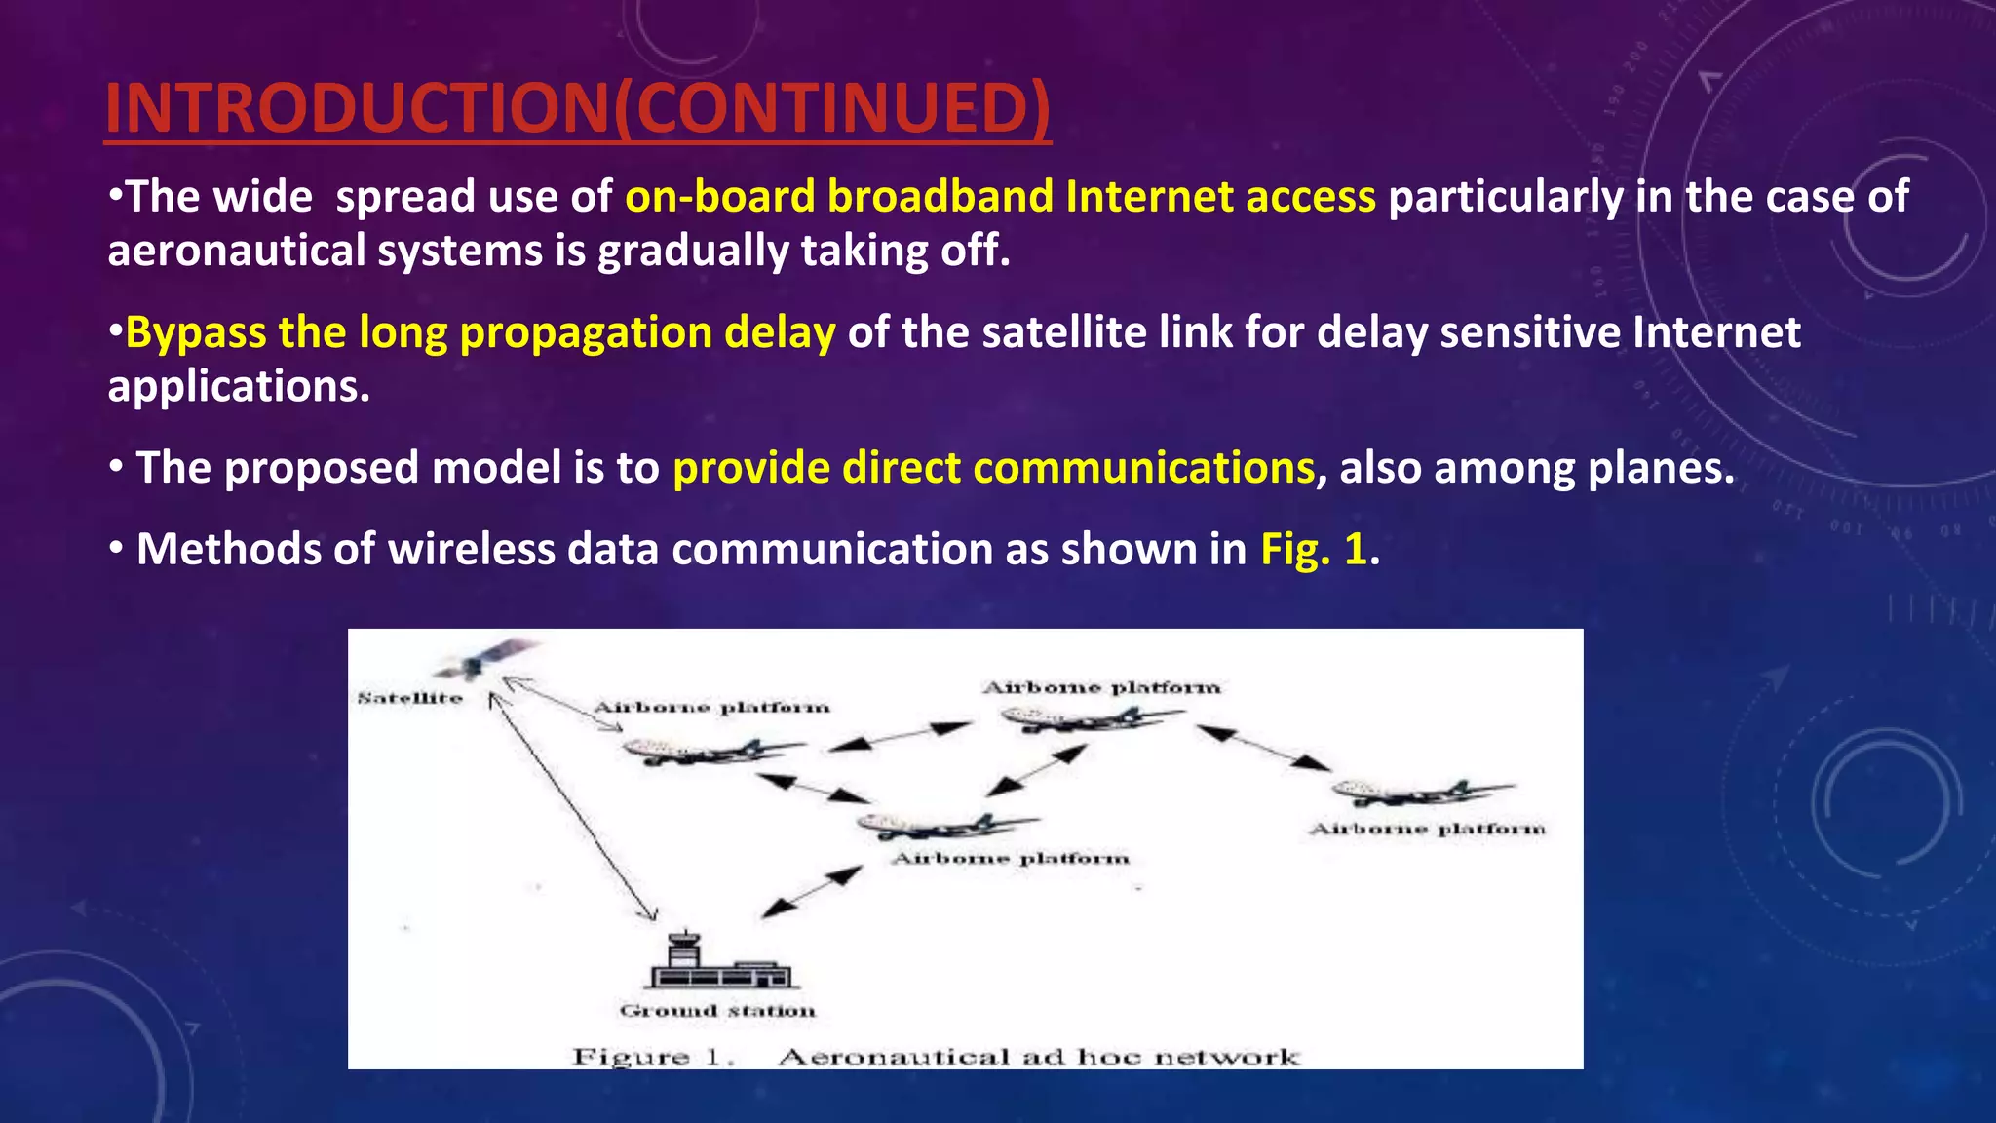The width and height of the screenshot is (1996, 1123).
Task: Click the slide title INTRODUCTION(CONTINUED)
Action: click(577, 107)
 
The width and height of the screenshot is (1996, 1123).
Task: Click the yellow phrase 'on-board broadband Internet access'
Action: click(1000, 197)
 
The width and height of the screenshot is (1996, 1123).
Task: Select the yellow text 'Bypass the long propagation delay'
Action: click(480, 333)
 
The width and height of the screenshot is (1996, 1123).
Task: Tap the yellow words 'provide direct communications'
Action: click(993, 469)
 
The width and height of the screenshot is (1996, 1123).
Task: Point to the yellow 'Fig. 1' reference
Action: click(1313, 550)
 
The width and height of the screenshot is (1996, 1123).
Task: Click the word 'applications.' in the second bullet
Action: click(239, 387)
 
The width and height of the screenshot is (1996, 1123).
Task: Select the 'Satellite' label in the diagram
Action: click(409, 698)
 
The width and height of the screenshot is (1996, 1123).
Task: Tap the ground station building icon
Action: click(719, 963)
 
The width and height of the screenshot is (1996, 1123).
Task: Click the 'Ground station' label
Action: click(717, 1011)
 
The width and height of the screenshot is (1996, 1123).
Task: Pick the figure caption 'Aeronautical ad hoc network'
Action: click(1038, 1057)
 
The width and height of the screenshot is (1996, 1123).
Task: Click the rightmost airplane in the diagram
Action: click(1421, 792)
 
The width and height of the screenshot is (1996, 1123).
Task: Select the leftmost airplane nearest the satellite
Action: click(711, 752)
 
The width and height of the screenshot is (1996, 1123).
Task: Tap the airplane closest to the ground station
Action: click(945, 827)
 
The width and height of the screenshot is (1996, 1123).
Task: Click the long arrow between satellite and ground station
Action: click(572, 805)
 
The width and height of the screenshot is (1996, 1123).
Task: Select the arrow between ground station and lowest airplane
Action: click(811, 892)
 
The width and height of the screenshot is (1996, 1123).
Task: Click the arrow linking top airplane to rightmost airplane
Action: click(1263, 748)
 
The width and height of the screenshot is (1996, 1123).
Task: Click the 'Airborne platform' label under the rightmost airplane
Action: click(1427, 830)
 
